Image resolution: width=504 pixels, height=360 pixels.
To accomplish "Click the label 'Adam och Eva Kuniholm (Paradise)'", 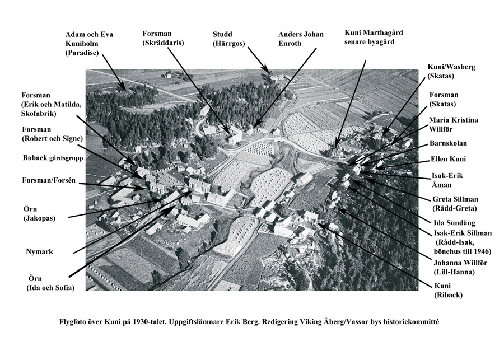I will [x=90, y=44].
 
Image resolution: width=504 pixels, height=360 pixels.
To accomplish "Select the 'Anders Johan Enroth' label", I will [x=301, y=39].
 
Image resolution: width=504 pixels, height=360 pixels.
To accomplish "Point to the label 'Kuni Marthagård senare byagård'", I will [x=374, y=38].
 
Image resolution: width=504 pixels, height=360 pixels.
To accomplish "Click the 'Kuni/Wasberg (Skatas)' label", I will [x=451, y=71].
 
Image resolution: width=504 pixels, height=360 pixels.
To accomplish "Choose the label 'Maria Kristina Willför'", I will [x=454, y=125].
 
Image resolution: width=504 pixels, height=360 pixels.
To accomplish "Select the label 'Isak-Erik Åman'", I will [x=448, y=180].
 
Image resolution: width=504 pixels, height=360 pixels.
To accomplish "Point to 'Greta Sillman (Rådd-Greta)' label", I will [x=454, y=204].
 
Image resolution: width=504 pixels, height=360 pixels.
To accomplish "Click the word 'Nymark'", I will [x=39, y=251].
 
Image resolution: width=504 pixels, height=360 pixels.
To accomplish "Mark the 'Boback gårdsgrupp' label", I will [x=53, y=158].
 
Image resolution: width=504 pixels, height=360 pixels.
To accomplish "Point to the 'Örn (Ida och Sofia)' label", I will [x=51, y=283].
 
